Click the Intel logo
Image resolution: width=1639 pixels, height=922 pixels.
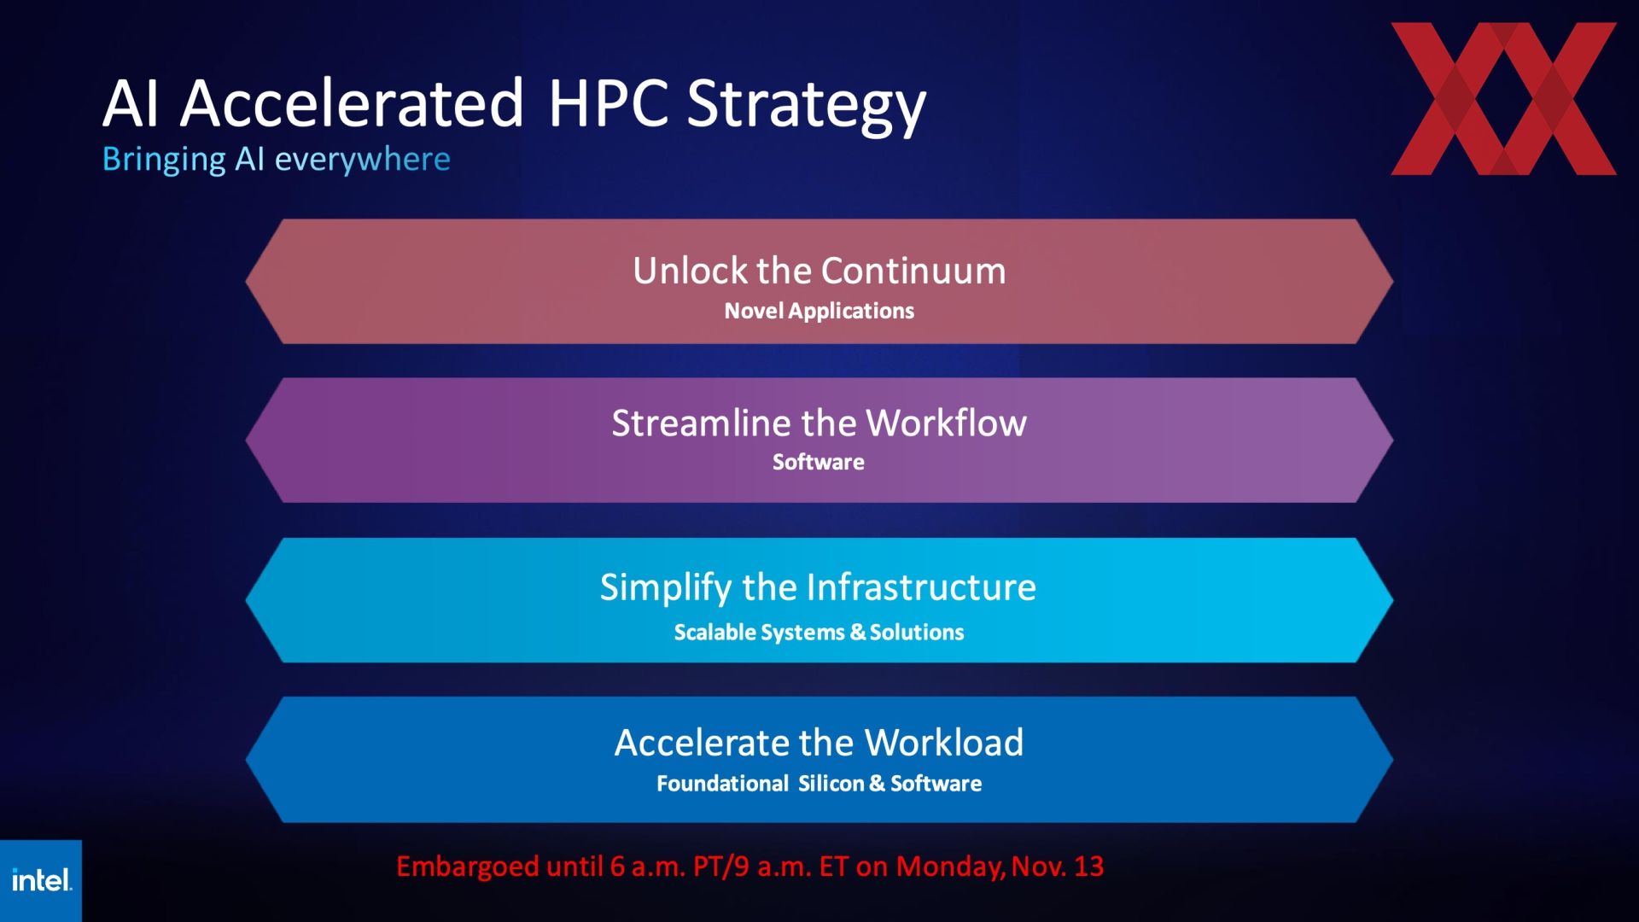click(42, 880)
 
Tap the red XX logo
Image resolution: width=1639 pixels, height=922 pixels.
click(1503, 99)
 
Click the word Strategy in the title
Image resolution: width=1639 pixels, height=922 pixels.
click(806, 105)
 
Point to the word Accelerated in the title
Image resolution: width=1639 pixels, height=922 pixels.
click(352, 102)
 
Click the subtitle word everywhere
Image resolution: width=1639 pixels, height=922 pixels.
click(362, 160)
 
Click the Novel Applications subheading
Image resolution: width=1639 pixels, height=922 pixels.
click(819, 311)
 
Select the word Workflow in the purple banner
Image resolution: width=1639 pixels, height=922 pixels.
click(946, 423)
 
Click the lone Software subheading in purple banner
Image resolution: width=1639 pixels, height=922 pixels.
click(818, 462)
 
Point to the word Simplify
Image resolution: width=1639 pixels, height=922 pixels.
click(666, 588)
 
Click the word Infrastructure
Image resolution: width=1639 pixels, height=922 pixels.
click(921, 587)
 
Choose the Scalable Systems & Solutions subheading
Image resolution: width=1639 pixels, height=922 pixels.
click(819, 633)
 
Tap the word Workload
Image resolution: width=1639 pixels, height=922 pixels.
click(944, 743)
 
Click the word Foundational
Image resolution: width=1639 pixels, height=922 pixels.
click(722, 784)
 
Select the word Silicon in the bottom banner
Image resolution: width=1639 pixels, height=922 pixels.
click(831, 784)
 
